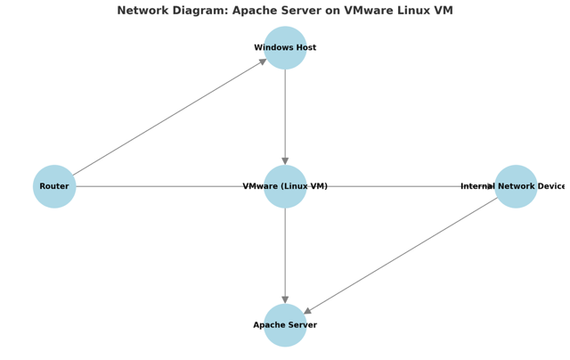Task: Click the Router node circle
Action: pyautogui.click(x=54, y=186)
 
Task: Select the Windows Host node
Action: pyautogui.click(x=285, y=48)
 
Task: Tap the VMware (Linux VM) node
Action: pyautogui.click(x=285, y=186)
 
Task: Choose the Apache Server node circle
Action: pyautogui.click(x=285, y=325)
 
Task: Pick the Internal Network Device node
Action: pyautogui.click(x=516, y=186)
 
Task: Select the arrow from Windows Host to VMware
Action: pyautogui.click(x=285, y=116)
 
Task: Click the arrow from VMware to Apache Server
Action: pyautogui.click(x=285, y=254)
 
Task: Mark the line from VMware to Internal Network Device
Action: pyautogui.click(x=401, y=186)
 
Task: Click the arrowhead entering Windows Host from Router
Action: pyautogui.click(x=263, y=61)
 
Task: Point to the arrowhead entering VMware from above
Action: pyautogui.click(x=285, y=161)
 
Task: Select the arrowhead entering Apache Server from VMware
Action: pyautogui.click(x=285, y=300)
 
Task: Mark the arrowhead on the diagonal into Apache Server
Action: pyautogui.click(x=307, y=311)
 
